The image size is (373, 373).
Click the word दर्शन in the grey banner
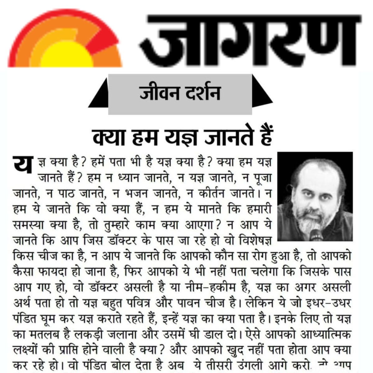[202, 93]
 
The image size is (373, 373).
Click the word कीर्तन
[211, 193]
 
